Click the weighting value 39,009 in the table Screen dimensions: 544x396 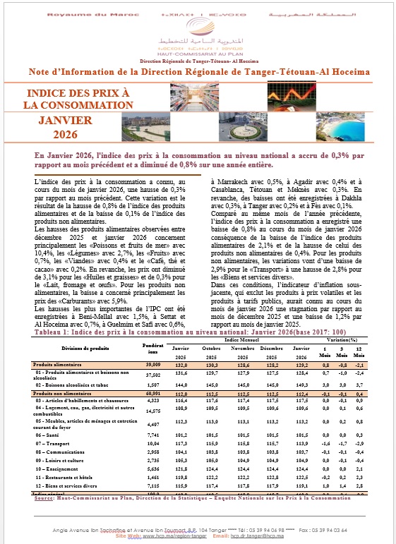(152, 343)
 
